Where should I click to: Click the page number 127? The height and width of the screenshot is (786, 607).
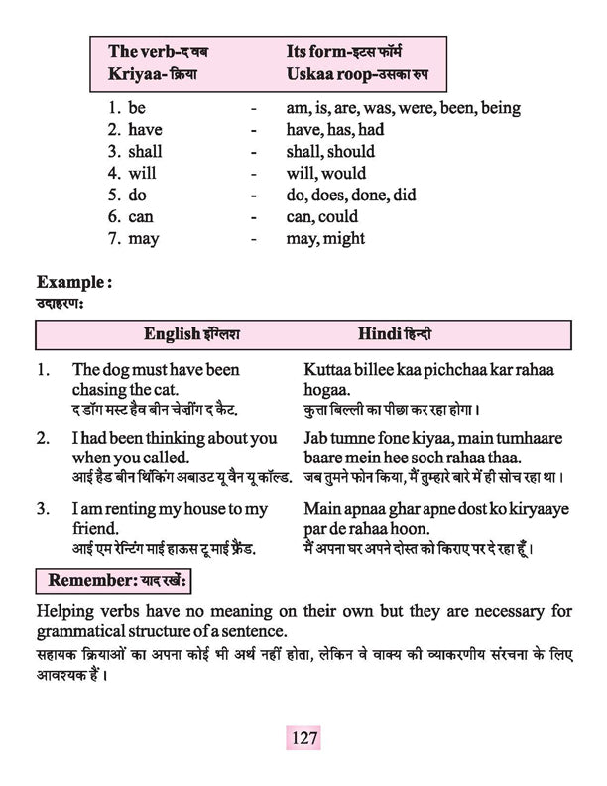(304, 738)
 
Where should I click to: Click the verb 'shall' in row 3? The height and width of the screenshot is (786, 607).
(145, 152)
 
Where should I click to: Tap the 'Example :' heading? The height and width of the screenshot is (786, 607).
(74, 283)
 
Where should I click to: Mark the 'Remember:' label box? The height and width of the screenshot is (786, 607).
(110, 578)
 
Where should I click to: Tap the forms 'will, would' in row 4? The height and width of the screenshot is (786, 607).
(331, 174)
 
